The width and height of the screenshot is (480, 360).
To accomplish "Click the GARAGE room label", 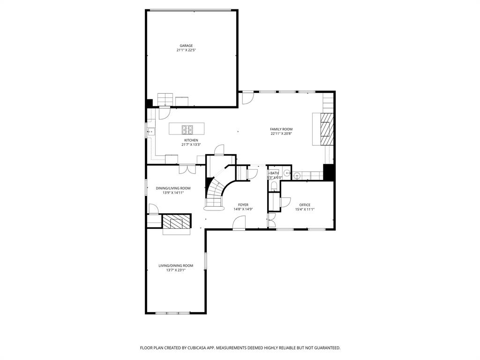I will pyautogui.click(x=186, y=45).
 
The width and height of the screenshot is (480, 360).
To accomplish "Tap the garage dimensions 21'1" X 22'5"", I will pyautogui.click(x=186, y=50).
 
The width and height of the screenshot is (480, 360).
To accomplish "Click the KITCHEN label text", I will pyautogui.click(x=191, y=140).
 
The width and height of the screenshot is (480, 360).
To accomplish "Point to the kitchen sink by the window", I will pyautogui.click(x=151, y=132).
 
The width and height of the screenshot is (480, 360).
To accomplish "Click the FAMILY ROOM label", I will pyautogui.click(x=281, y=129).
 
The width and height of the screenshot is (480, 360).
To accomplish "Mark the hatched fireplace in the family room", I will pyautogui.click(x=327, y=129).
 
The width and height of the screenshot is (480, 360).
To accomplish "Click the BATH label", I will pyautogui.click(x=274, y=173).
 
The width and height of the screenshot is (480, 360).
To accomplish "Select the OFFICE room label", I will pyautogui.click(x=305, y=205).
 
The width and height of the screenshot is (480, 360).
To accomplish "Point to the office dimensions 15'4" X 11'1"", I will pyautogui.click(x=305, y=210).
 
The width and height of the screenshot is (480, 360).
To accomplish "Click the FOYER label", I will pyautogui.click(x=243, y=205).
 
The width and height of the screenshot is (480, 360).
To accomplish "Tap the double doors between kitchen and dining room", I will pyautogui.click(x=187, y=165).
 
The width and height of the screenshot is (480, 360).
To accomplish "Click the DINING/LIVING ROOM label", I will pyautogui.click(x=173, y=188).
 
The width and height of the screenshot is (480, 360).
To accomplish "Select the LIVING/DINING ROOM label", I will pyautogui.click(x=176, y=265).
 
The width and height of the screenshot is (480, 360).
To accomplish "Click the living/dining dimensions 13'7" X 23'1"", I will pyautogui.click(x=176, y=270).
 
